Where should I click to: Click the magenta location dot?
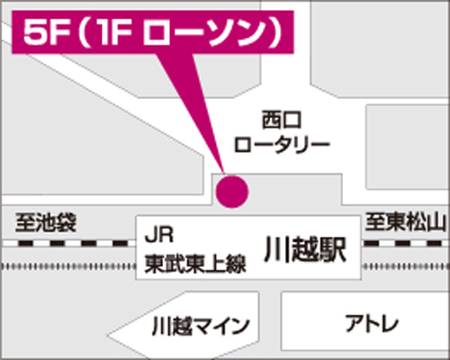pyautogui.click(x=232, y=192)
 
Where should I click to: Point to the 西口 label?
pyautogui.click(x=282, y=120)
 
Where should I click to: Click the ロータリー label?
pyautogui.click(x=282, y=145)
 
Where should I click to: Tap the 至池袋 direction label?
pyautogui.click(x=46, y=222)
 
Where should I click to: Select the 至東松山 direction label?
pyautogui.click(x=404, y=222)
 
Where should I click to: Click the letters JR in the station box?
pyautogui.click(x=159, y=235)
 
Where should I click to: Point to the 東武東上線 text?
pyautogui.click(x=195, y=264)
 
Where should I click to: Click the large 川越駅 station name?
pyautogui.click(x=305, y=249)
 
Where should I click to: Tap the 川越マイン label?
pyautogui.click(x=201, y=327)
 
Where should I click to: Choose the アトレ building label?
pyautogui.click(x=372, y=323)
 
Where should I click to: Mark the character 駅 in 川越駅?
pyautogui.click(x=333, y=249)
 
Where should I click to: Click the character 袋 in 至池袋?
pyautogui.click(x=67, y=222)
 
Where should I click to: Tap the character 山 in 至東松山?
pyautogui.click(x=435, y=222)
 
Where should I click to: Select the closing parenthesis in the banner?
pyautogui.click(x=274, y=33)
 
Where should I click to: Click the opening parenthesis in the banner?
pyautogui.click(x=84, y=33)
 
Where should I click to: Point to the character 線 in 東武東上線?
pyautogui.click(x=236, y=264)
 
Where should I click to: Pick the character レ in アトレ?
pyautogui.click(x=390, y=323)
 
